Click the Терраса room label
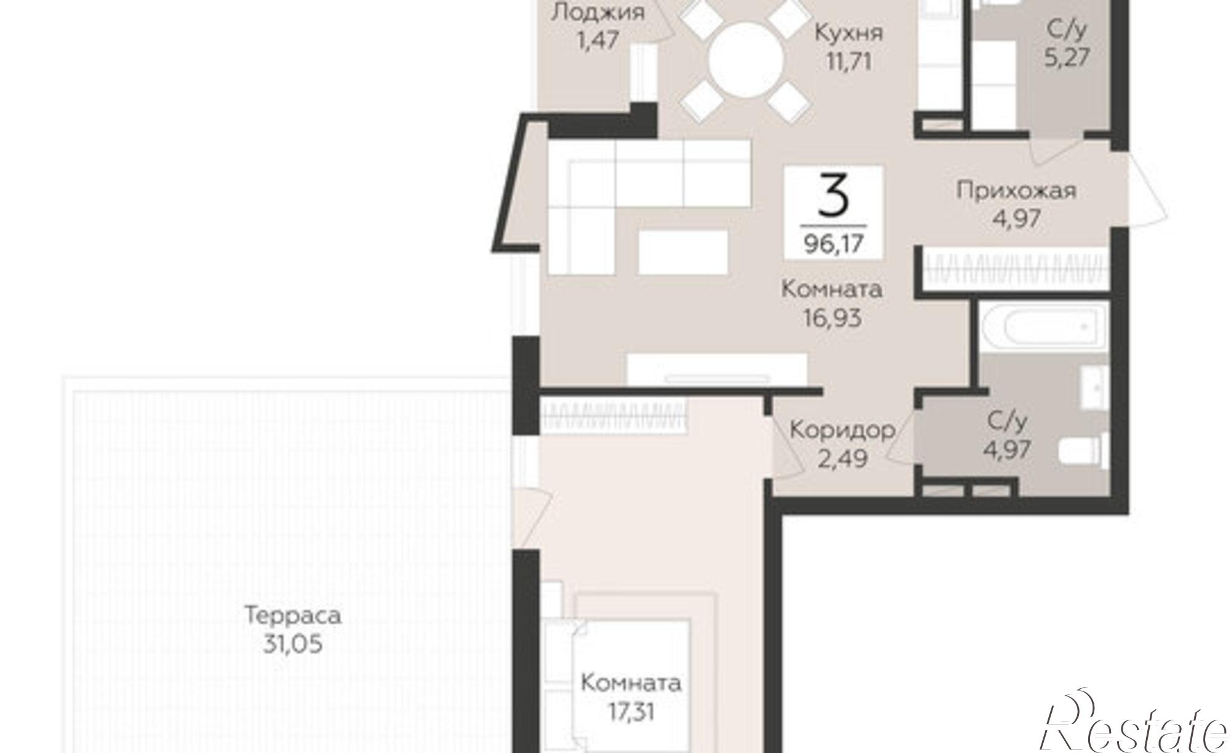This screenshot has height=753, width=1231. pyautogui.click(x=293, y=615)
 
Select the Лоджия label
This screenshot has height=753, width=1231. pyautogui.click(x=598, y=12)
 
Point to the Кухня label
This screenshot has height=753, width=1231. pyautogui.click(x=849, y=33)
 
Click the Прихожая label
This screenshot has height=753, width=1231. pyautogui.click(x=1016, y=191)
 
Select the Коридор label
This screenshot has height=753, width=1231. pyautogui.click(x=842, y=429)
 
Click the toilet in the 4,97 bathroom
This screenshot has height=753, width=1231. pyautogui.click(x=1083, y=449)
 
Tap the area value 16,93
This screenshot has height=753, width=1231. pyautogui.click(x=832, y=318)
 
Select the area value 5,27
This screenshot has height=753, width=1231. pyautogui.click(x=1067, y=57)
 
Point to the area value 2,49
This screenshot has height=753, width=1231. pyautogui.click(x=843, y=458)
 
